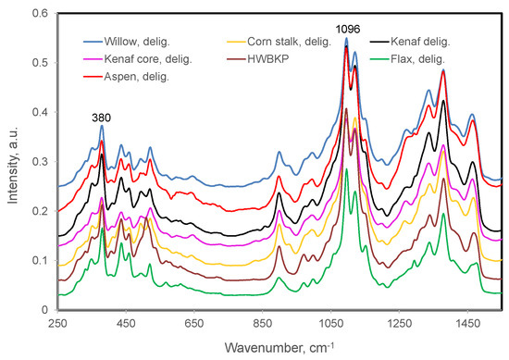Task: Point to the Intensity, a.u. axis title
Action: click(x=14, y=162)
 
